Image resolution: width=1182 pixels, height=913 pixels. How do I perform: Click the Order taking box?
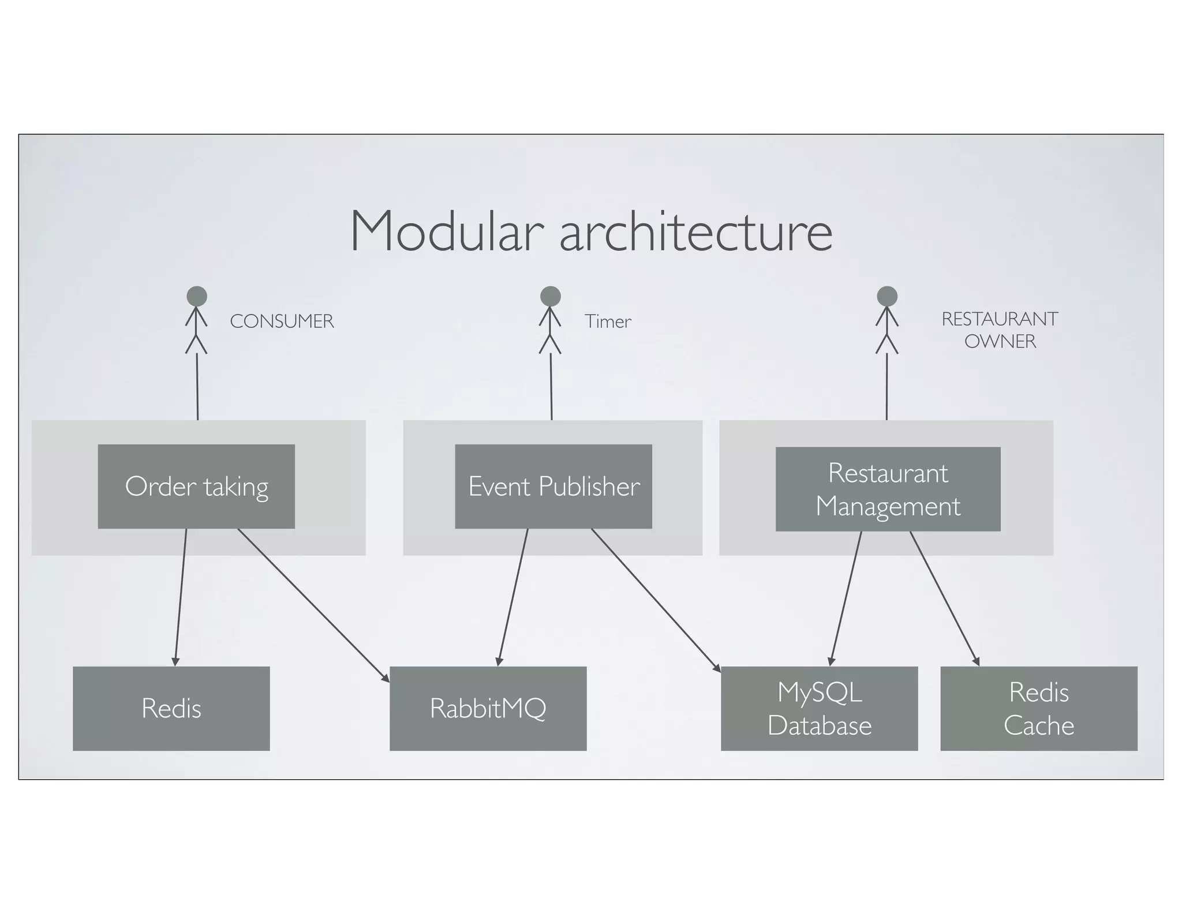click(x=196, y=487)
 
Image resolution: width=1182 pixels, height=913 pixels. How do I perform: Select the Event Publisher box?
click(x=553, y=487)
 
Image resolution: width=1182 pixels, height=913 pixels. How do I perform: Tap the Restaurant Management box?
click(x=888, y=489)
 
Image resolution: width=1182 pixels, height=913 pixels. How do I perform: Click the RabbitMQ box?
click(x=488, y=709)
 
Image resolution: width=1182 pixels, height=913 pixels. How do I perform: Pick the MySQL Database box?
click(x=819, y=709)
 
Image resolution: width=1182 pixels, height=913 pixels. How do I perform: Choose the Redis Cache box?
click(x=1038, y=709)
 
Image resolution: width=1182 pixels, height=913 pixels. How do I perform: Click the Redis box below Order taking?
click(x=171, y=709)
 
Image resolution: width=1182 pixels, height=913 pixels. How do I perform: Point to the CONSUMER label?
click(x=282, y=321)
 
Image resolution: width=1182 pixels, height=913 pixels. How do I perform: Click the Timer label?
click(x=608, y=321)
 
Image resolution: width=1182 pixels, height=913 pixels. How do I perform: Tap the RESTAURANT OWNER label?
click(x=1000, y=330)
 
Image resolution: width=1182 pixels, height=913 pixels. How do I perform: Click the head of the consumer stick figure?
click(x=197, y=296)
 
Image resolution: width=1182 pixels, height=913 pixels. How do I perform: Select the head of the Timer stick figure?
click(x=551, y=296)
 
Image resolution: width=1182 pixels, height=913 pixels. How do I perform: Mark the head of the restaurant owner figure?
click(x=887, y=296)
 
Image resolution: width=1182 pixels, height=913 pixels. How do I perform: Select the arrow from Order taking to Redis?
click(x=181, y=597)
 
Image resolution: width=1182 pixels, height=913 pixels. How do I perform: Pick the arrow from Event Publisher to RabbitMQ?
click(x=513, y=597)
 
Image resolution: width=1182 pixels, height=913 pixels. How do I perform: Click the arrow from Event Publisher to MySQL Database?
click(x=656, y=600)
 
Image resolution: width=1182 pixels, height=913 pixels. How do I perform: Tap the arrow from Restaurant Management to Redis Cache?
click(x=945, y=598)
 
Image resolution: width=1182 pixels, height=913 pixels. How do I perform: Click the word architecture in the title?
click(x=695, y=232)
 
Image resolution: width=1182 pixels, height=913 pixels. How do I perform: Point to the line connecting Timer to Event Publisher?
click(x=551, y=387)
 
